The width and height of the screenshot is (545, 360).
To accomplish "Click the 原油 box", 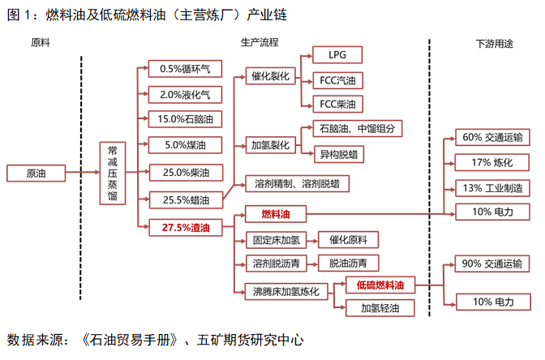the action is click(36, 173).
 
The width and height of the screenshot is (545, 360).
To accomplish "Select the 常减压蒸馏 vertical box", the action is click(112, 173).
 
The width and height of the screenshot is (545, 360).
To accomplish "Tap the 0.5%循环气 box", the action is click(185, 69).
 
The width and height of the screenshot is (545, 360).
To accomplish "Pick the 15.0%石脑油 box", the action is click(185, 119).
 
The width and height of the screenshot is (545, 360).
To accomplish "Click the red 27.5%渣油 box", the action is click(186, 228).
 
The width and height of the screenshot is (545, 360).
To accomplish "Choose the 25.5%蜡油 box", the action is click(186, 199).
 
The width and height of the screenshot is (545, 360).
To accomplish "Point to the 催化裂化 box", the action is click(270, 76).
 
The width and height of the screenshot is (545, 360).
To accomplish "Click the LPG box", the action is click(337, 55).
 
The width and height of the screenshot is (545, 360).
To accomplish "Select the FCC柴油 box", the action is click(338, 105).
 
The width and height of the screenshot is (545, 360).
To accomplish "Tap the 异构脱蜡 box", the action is click(339, 154).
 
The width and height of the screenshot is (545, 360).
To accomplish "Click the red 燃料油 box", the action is click(276, 214).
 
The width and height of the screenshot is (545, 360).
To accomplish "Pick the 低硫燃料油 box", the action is click(380, 285).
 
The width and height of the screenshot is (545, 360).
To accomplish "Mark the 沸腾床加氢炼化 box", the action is click(286, 291).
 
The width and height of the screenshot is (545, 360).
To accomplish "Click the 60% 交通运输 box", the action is click(492, 137).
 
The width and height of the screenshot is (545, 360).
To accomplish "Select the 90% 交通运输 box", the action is click(492, 264).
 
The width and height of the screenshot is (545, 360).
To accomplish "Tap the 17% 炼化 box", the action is click(492, 162).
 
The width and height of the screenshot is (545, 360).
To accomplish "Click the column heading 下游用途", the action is click(494, 44).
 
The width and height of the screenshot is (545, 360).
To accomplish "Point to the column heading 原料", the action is click(41, 42).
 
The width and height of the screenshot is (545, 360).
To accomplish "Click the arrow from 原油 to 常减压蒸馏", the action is click(83, 172).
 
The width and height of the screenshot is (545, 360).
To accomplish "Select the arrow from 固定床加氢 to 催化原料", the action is click(312, 241).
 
